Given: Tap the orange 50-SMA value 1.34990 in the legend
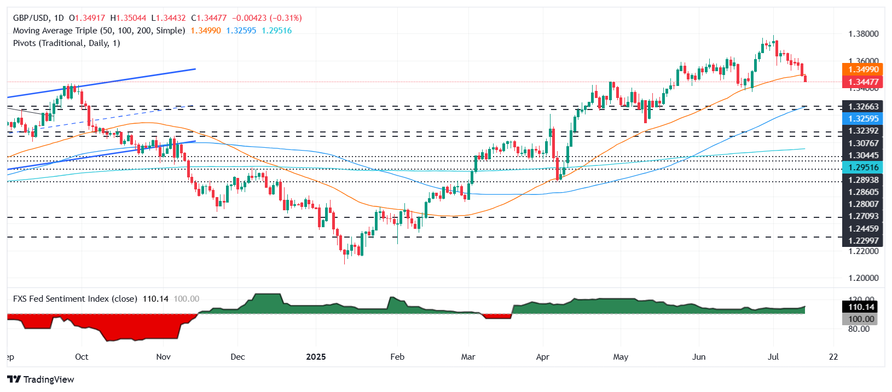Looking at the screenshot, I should click(x=206, y=31).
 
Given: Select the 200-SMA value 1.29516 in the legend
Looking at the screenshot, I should click(x=277, y=31).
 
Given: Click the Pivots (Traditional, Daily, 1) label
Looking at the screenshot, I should click(x=67, y=43).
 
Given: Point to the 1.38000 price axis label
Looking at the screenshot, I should click(x=863, y=34).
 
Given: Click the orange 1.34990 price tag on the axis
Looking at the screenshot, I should click(x=863, y=70).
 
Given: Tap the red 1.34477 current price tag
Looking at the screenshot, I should click(x=863, y=83).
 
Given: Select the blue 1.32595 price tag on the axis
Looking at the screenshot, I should click(x=863, y=119).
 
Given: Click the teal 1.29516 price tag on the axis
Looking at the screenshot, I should click(x=863, y=168).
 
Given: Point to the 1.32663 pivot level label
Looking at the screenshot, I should click(x=863, y=107).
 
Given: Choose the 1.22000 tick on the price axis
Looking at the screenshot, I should click(x=863, y=251).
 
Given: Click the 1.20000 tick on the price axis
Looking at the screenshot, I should click(x=863, y=278).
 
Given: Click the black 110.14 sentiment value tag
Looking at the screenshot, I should click(x=861, y=307).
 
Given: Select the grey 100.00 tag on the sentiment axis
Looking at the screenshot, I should click(x=861, y=319).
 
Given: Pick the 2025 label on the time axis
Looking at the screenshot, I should click(x=316, y=357).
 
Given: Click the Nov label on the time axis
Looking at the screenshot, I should click(x=163, y=357).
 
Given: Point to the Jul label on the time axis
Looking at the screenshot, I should click(x=773, y=357).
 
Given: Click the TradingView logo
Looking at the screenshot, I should click(x=41, y=379).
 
